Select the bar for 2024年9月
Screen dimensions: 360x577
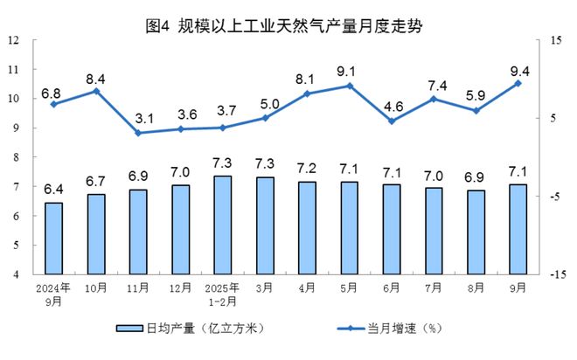coord(54,238)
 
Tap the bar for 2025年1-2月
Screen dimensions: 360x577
coord(223,225)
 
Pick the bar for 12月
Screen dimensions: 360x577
coord(180,229)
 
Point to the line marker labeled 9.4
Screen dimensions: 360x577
coord(518,83)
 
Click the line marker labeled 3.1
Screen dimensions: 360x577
coord(138,133)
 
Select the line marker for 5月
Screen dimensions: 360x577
coord(350,86)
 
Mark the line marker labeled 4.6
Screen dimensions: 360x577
coord(392,121)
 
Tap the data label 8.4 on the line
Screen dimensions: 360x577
coord(95,77)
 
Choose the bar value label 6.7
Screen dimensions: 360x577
coord(96,183)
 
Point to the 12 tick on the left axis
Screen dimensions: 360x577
coord(14,40)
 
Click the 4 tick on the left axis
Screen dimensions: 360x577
coord(17,273)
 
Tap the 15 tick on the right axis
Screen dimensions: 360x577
coord(554,40)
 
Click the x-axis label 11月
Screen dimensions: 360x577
coord(138,287)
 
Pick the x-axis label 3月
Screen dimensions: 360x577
coord(265,287)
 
